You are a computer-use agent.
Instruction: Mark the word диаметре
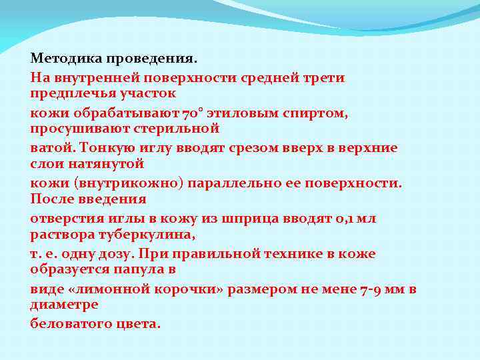pyautogui.click(x=64, y=304)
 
